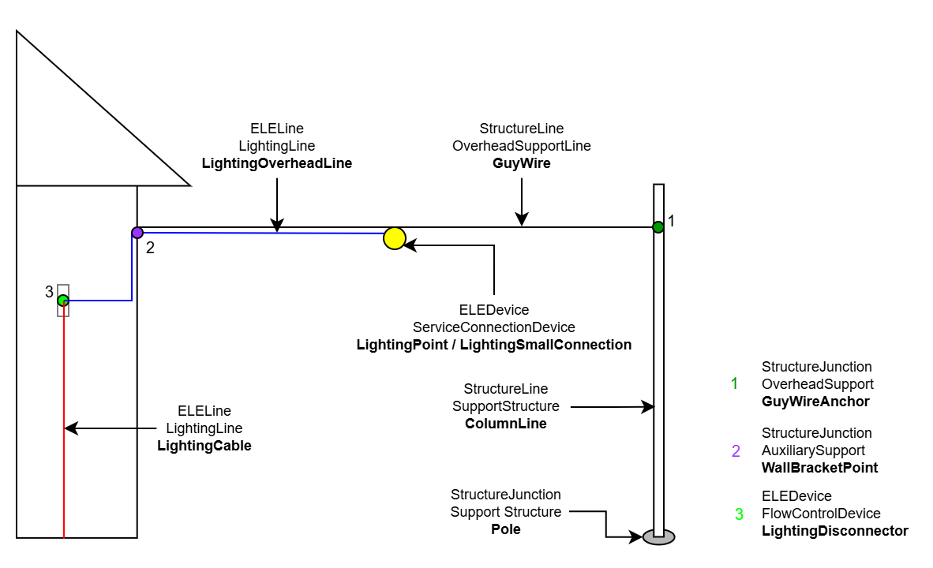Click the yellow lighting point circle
pos(394,238)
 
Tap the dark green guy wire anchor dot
pos(658,227)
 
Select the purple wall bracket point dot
pos(137,233)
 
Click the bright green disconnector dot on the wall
pos(63,301)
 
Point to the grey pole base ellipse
pos(658,537)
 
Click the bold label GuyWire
pos(521,164)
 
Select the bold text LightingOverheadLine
pos(276,164)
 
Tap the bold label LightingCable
pos(204,446)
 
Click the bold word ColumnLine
pos(505,424)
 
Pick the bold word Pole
pos(505,529)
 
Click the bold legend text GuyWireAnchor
pos(815,402)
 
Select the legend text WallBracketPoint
pos(819,468)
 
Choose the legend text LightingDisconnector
pos(834,531)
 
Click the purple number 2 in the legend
pos(736,451)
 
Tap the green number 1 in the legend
pos(735,384)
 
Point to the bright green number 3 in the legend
pos(739,514)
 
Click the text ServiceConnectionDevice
pos(494,327)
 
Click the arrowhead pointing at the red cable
pos(69,428)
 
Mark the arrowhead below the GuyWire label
pos(521,220)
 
